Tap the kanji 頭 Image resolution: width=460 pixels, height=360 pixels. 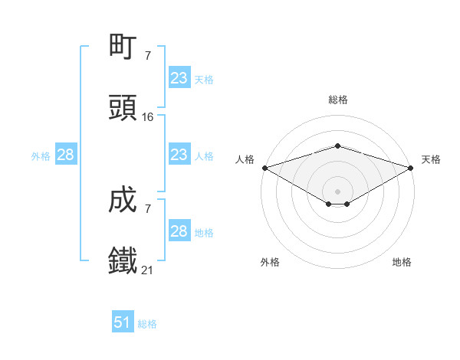click(123, 108)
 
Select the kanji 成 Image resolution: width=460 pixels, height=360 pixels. click(123, 200)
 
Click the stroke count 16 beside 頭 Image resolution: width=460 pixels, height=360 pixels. click(148, 117)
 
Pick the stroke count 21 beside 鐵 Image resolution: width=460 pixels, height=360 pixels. click(148, 270)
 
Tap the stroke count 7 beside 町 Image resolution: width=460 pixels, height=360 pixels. click(148, 55)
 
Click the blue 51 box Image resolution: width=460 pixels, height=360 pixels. click(123, 322)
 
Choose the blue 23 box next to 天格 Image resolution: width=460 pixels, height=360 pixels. click(179, 78)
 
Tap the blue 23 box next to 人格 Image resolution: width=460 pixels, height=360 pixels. click(179, 155)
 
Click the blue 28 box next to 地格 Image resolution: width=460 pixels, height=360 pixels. click(179, 231)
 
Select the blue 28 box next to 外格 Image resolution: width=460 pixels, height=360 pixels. click(66, 155)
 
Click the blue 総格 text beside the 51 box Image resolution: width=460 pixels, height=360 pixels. click(147, 324)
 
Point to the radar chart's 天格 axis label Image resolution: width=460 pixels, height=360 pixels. click(431, 159)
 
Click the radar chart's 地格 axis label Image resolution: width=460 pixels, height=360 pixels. click(402, 262)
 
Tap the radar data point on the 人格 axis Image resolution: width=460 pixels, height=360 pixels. click(264, 168)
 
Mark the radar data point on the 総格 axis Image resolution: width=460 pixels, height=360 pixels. click(337, 146)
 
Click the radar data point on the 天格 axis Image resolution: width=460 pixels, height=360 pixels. click(411, 168)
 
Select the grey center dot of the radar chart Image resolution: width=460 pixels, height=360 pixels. click(337, 191)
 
